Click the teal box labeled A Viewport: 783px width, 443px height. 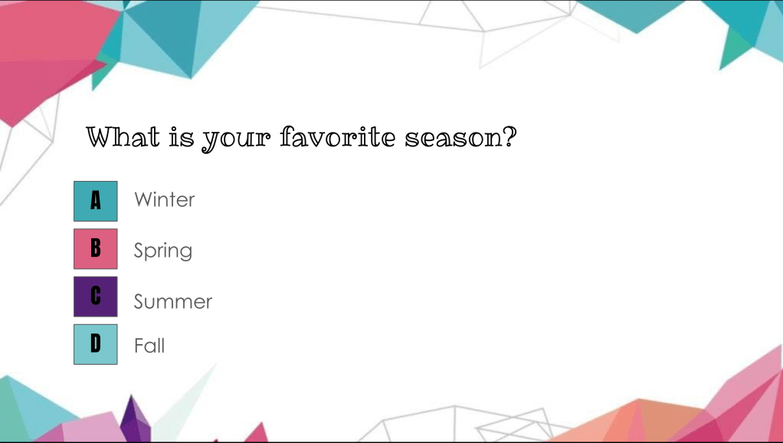tap(95, 202)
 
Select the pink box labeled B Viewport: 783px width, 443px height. tap(95, 249)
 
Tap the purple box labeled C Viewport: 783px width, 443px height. tap(95, 297)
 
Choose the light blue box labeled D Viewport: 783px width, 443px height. tap(95, 344)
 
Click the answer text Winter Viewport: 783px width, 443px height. tap(164, 200)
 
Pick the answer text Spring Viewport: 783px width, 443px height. tap(162, 251)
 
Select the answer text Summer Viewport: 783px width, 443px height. tap(173, 302)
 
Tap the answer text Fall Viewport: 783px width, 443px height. tap(149, 346)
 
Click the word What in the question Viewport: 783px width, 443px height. tap(123, 137)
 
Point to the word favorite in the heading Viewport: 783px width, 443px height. tap(338, 137)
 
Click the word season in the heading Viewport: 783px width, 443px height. tap(451, 138)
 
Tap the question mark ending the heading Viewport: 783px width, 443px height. tap(508, 137)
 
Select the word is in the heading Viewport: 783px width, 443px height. tap(182, 137)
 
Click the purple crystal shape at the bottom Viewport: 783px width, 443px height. tap(135, 418)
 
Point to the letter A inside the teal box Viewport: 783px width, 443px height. tap(95, 201)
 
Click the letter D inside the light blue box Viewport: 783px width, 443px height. tap(95, 343)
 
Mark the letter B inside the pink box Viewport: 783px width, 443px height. tap(95, 248)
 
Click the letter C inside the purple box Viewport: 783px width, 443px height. tap(95, 296)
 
